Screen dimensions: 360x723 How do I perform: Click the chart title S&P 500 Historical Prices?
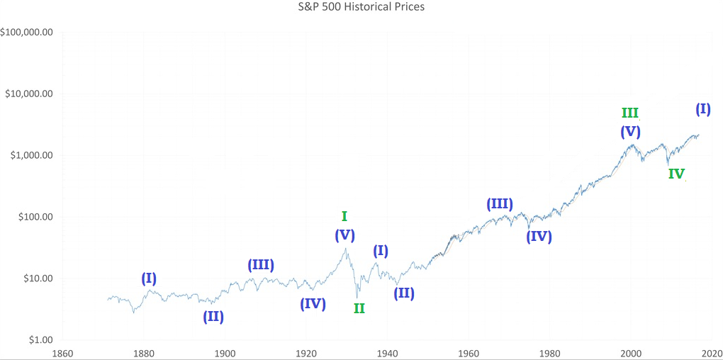362,7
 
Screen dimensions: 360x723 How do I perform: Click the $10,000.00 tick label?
30,94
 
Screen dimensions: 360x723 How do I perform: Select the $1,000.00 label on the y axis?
32,155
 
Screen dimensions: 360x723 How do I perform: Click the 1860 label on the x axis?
62,352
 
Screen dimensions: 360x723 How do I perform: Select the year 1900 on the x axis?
225,352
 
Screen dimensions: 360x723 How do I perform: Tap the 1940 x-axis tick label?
387,352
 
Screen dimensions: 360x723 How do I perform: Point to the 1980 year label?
550,352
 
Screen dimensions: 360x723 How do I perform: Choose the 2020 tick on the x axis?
712,352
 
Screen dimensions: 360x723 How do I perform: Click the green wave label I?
344,216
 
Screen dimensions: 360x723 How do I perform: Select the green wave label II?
359,308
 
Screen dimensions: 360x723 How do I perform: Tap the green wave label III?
629,113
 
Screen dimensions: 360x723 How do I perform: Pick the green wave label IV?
676,173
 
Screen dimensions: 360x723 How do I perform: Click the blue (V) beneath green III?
630,131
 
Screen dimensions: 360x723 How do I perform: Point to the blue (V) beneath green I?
344,235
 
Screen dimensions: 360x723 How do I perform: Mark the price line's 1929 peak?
345,248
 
